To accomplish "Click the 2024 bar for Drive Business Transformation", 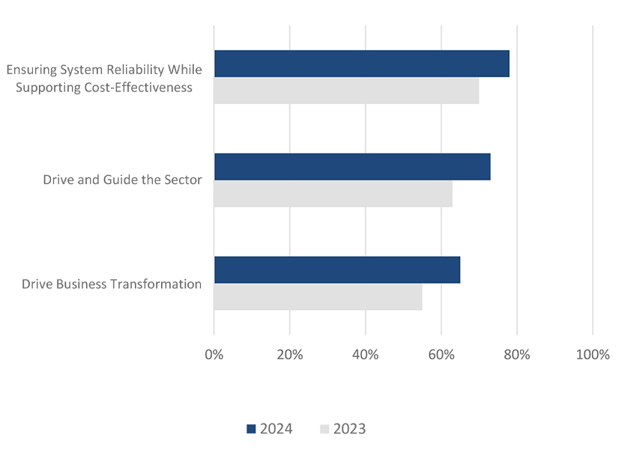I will click(337, 269).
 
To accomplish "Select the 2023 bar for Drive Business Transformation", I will click(318, 297).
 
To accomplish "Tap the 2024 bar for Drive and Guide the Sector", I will click(352, 166).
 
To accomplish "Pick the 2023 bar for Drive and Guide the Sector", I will click(333, 194).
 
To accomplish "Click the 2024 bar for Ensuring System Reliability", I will click(361, 64).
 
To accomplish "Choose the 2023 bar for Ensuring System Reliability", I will click(346, 91).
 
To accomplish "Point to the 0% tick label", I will click(214, 355).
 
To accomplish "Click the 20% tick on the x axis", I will click(290, 355).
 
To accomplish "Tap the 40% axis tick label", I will click(366, 355).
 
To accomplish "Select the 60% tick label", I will click(441, 355).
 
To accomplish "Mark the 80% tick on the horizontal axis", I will click(517, 355).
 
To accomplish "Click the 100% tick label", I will click(593, 355).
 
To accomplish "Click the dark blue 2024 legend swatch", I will click(251, 430).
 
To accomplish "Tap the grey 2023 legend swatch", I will click(324, 430).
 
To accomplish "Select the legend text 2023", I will click(350, 430).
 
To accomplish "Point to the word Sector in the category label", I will click(182, 180).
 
